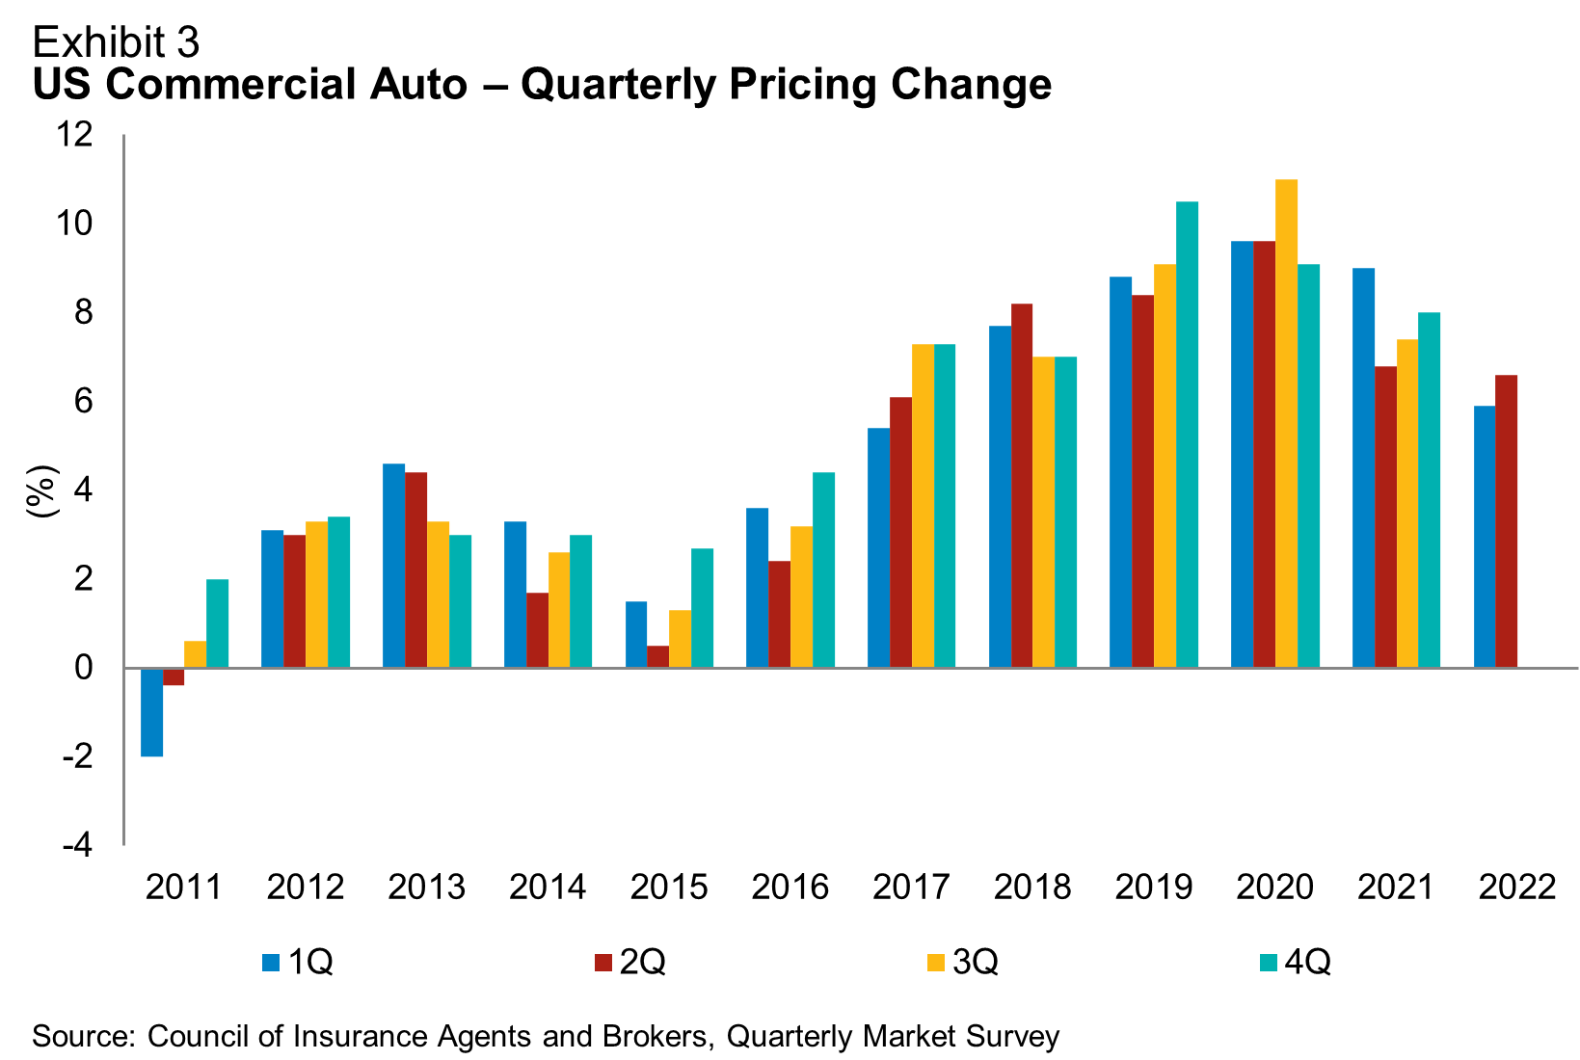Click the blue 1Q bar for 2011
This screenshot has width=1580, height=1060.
tap(151, 712)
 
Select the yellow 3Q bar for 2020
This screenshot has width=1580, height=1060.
tap(1286, 424)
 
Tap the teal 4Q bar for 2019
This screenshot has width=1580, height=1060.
tap(1187, 435)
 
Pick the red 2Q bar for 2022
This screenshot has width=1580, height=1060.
tap(1506, 521)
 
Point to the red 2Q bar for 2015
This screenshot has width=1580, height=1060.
tap(657, 656)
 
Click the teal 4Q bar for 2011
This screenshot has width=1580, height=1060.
tap(217, 623)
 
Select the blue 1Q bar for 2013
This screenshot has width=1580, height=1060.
tap(393, 566)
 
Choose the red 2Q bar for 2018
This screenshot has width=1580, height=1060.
tap(1022, 486)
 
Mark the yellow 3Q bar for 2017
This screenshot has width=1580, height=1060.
tap(923, 506)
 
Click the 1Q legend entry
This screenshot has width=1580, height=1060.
tap(299, 962)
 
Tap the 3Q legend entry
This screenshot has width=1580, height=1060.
tap(963, 962)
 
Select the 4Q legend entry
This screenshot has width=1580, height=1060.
tap(1296, 962)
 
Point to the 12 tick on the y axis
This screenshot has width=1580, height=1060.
tap(75, 134)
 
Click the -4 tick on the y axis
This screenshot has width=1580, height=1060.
tap(77, 845)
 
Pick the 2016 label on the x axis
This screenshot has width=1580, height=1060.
tap(790, 887)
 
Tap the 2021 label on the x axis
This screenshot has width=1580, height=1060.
tap(1396, 887)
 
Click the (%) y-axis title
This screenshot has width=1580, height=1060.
tap(42, 491)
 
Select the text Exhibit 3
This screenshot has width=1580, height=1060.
tap(116, 42)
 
